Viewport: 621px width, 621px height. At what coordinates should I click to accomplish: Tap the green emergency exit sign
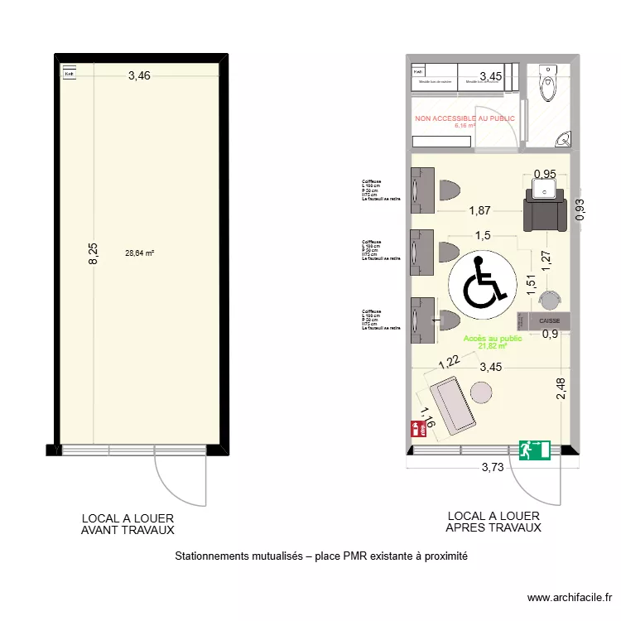(534, 450)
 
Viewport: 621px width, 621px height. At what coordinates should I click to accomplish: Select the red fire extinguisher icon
(417, 428)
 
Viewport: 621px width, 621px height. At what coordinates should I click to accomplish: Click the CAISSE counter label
(550, 320)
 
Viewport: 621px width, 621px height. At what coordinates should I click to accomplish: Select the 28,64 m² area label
(139, 254)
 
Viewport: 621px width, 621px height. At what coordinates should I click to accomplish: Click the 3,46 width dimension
(139, 77)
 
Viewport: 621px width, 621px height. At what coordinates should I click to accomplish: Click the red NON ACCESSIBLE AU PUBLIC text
(465, 119)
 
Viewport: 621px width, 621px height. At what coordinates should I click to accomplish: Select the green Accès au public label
(493, 339)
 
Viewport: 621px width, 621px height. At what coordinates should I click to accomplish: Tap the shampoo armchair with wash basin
(544, 208)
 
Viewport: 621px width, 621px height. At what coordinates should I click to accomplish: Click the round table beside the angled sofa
(481, 392)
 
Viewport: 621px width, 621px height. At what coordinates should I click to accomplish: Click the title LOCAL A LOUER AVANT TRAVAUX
(128, 524)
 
